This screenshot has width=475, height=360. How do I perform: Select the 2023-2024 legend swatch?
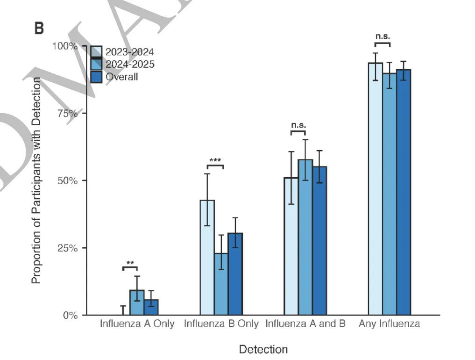pyautogui.click(x=96, y=52)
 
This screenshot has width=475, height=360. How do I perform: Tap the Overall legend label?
pyautogui.click(x=122, y=77)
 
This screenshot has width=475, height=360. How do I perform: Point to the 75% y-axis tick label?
pyautogui.click(x=68, y=113)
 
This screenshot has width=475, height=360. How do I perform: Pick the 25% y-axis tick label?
pyautogui.click(x=68, y=248)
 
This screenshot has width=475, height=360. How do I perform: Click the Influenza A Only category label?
pyautogui.click(x=137, y=324)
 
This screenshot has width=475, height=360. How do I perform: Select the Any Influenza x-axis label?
pyautogui.click(x=389, y=324)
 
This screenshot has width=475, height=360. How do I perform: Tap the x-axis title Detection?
pyautogui.click(x=263, y=349)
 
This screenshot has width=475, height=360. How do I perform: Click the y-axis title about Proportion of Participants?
pyautogui.click(x=36, y=180)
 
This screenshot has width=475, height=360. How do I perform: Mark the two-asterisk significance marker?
pyautogui.click(x=130, y=263)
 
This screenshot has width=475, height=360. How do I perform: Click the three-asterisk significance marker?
pyautogui.click(x=215, y=160)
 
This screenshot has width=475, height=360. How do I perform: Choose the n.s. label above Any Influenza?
pyautogui.click(x=383, y=36)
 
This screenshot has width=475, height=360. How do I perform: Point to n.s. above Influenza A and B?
pyautogui.click(x=298, y=125)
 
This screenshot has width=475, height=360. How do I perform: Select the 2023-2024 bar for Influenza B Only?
pyautogui.click(x=207, y=258)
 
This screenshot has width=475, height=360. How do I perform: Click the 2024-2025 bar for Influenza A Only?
pyautogui.click(x=137, y=302)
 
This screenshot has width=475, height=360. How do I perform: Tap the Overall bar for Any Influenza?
pyautogui.click(x=404, y=192)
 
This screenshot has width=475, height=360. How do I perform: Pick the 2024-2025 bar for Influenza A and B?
pyautogui.click(x=305, y=237)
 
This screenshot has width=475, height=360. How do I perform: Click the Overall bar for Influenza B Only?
pyautogui.click(x=235, y=274)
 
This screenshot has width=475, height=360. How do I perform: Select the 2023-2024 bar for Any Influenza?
pyautogui.click(x=376, y=189)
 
